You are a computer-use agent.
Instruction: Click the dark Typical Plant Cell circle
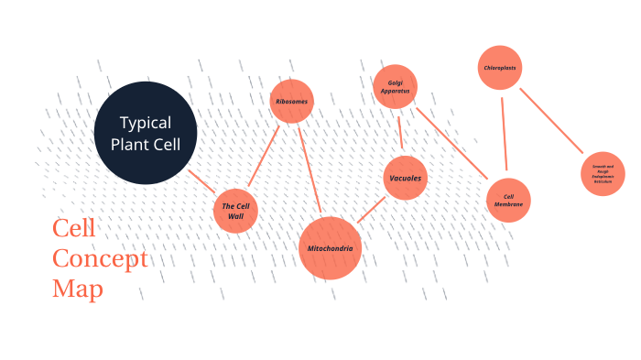pyautogui.click(x=146, y=133)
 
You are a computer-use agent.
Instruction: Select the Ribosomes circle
pyautogui.click(x=292, y=101)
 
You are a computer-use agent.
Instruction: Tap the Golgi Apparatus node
pyautogui.click(x=396, y=87)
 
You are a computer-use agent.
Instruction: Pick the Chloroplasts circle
pyautogui.click(x=502, y=68)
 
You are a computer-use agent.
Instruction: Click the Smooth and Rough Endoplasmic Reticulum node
pyautogui.click(x=603, y=173)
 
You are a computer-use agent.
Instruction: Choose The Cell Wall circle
pyautogui.click(x=235, y=211)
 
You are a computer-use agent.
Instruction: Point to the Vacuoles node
pyautogui.click(x=405, y=178)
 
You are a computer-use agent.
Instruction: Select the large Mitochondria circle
pyautogui.click(x=331, y=248)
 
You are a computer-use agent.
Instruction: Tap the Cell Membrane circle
pyautogui.click(x=508, y=201)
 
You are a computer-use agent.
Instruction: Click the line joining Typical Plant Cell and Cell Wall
pyautogui.click(x=201, y=180)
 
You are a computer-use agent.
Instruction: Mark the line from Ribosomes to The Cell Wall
pyautogui.click(x=265, y=155)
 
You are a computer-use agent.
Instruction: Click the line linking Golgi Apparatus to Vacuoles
pyautogui.click(x=400, y=132)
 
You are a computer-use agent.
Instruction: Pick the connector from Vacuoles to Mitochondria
pyautogui.click(x=370, y=210)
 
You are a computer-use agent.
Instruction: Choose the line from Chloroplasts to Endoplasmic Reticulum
pyautogui.click(x=551, y=121)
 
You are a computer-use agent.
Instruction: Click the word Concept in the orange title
pyautogui.click(x=100, y=258)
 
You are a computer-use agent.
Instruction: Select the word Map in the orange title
pyautogui.click(x=77, y=289)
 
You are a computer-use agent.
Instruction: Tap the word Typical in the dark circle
pyautogui.click(x=146, y=123)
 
